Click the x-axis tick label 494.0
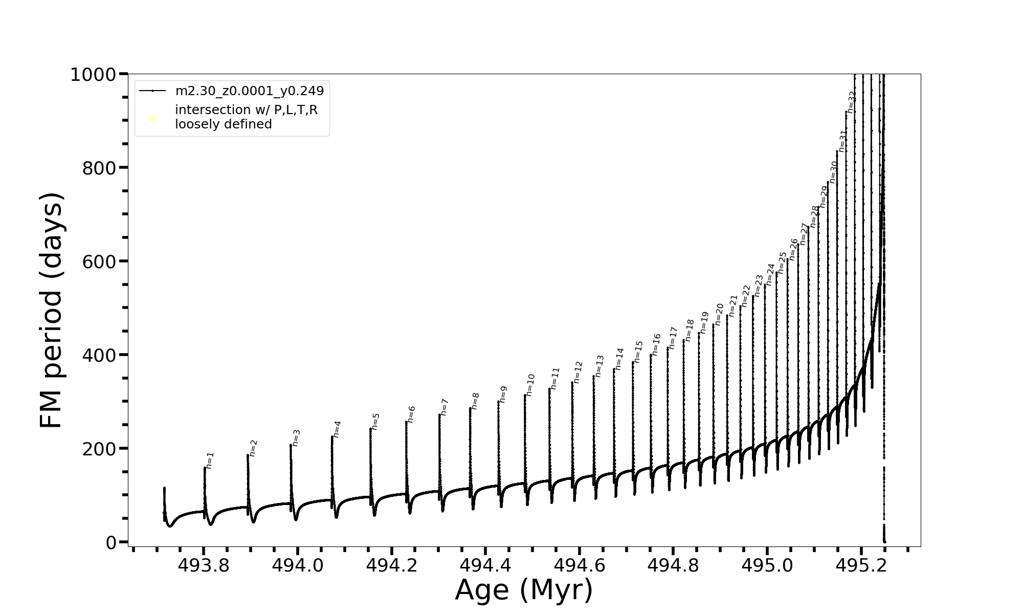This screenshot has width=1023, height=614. pos(297,565)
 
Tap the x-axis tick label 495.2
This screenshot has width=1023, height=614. pos(861,565)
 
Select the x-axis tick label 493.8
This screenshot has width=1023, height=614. pos(203,565)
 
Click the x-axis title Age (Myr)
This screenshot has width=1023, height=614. pos(524,590)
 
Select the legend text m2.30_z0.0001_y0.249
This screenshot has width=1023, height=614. pos(250,91)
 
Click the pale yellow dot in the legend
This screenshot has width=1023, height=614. pos(152,119)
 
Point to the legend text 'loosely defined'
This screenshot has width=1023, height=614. pos(224,124)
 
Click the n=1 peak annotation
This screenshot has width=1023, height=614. pos(210,460)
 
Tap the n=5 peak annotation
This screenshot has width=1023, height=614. pos(375,421)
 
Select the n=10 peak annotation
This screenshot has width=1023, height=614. pos(530,385)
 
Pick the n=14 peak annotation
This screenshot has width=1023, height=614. pos(620,359)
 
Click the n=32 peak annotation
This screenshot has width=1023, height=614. pos(852,102)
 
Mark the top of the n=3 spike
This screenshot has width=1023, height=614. pos(291,445)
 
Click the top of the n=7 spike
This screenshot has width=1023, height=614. pos(439,415)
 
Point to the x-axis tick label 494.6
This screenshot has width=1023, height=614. pos(579,565)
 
